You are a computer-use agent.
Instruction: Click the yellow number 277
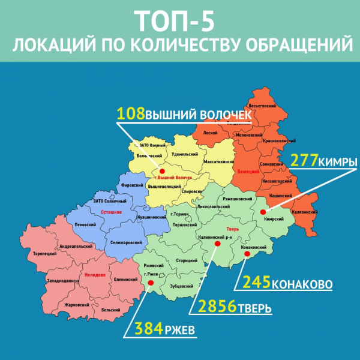(x=304, y=161)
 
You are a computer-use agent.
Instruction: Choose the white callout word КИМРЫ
(x=337, y=162)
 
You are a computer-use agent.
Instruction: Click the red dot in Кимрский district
(x=268, y=211)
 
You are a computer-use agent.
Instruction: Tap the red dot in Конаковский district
(x=247, y=254)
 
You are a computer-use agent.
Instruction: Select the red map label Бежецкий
(x=250, y=172)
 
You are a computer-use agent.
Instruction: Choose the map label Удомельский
(x=184, y=154)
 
